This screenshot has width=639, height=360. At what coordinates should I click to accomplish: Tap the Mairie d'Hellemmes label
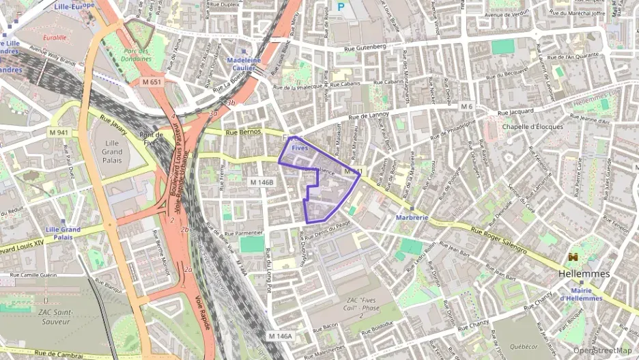point(581,294)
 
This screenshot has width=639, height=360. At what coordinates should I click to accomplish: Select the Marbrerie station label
point(412,218)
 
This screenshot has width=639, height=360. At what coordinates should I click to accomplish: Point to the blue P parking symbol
point(341,8)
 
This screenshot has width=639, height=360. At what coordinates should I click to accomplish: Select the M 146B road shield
point(261,182)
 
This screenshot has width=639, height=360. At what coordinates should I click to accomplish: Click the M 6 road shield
point(466,107)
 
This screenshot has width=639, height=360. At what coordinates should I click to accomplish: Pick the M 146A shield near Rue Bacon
point(280,336)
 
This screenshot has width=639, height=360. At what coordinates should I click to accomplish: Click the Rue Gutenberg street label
point(365,46)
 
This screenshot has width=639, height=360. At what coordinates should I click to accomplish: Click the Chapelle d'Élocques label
point(532,126)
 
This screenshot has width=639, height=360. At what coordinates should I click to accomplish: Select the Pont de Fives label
point(150,139)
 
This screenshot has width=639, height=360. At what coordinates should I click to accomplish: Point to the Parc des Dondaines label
point(137,55)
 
